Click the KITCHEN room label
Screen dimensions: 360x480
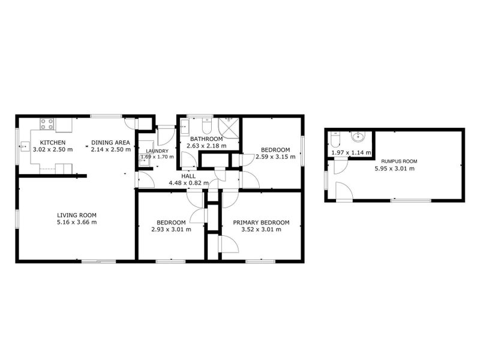[x=52, y=142]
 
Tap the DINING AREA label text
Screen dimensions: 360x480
[x=111, y=142]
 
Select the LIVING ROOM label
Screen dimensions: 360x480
[x=77, y=215]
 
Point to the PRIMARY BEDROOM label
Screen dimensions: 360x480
[x=261, y=222]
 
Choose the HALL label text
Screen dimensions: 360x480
[x=188, y=176]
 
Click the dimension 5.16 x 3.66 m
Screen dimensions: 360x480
[x=77, y=222]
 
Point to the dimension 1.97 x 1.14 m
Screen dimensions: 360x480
[x=351, y=153]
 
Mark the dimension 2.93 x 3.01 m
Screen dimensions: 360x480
[x=171, y=229]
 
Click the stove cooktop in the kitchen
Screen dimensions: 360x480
[x=47, y=125]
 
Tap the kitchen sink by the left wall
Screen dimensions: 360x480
[x=26, y=145]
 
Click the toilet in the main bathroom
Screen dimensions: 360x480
[x=206, y=127]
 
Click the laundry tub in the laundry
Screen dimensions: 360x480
[x=145, y=160]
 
